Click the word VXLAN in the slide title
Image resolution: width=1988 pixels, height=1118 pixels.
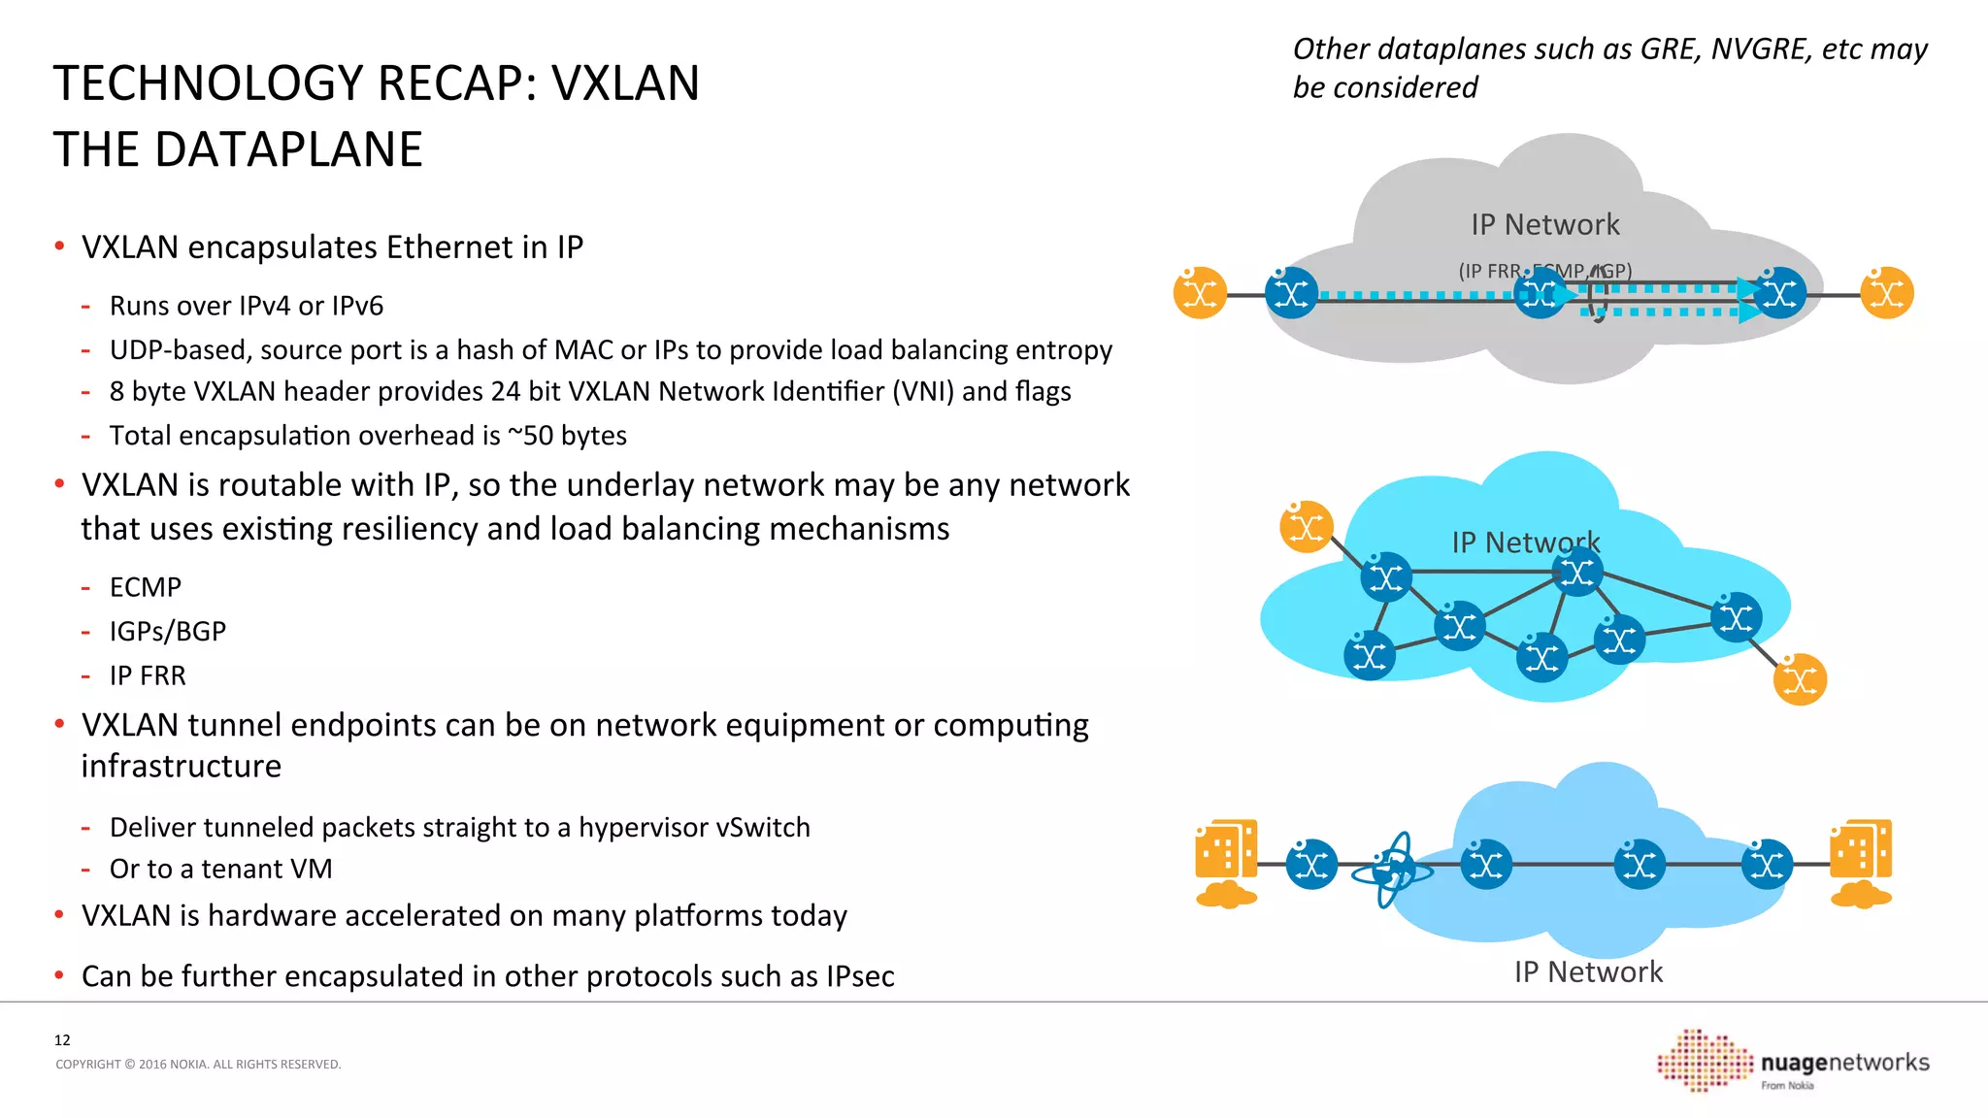coord(626,83)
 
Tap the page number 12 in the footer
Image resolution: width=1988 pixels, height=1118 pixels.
coord(62,1040)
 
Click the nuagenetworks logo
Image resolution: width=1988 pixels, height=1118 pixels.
coord(1794,1062)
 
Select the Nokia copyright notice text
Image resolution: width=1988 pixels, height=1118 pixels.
coord(198,1065)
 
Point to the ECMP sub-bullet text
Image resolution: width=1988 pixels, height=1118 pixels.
coord(146,587)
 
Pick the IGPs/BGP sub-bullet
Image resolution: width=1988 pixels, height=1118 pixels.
coord(168,632)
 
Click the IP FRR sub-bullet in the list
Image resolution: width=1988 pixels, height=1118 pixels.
coord(148,675)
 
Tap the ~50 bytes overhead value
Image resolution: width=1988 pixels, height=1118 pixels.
coord(568,436)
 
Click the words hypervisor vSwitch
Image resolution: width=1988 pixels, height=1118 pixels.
coord(694,828)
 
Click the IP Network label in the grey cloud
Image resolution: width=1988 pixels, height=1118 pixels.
coord(1545,225)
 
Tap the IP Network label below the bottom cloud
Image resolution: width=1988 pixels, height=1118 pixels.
coord(1588,972)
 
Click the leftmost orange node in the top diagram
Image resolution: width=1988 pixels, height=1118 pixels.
coord(1200,293)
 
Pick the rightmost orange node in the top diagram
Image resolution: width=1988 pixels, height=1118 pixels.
coord(1886,293)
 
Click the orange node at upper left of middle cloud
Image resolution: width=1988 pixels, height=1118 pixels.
coord(1306,527)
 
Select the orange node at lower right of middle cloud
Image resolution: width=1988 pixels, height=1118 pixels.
coord(1800,679)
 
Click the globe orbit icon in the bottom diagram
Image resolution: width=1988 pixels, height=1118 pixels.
coord(1393,869)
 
